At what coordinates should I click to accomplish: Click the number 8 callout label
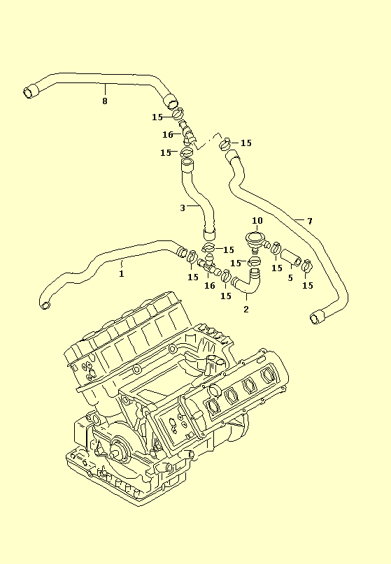click(x=105, y=101)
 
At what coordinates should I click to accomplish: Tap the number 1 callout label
click(x=121, y=274)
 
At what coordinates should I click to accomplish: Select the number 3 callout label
click(x=183, y=208)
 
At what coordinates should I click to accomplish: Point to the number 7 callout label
click(x=310, y=221)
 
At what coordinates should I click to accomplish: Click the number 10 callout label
click(x=257, y=220)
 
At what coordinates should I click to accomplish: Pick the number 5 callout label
click(x=290, y=277)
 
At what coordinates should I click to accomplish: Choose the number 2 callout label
click(x=246, y=309)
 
